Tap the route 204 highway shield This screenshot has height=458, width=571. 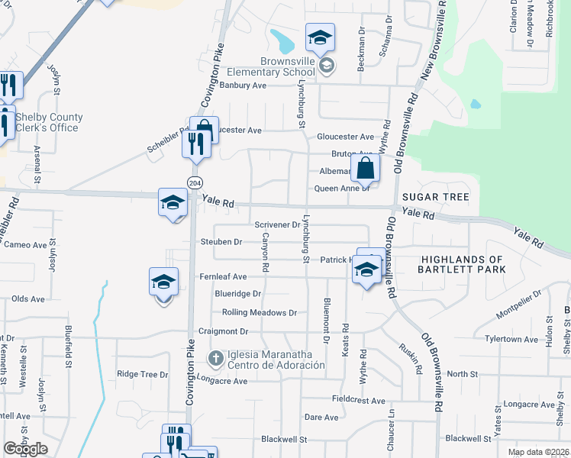click(x=194, y=182)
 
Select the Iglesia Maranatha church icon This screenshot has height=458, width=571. click(x=215, y=357)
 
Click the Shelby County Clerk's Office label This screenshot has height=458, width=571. click(x=48, y=122)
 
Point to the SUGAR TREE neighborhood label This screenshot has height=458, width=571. click(x=435, y=197)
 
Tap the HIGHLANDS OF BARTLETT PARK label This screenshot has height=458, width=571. click(x=462, y=264)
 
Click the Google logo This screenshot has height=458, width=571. click(x=25, y=449)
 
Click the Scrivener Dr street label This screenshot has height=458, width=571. click(x=276, y=224)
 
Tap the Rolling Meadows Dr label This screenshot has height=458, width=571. click(x=259, y=312)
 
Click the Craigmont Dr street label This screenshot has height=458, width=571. click(x=224, y=331)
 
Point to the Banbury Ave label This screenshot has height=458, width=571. click(x=242, y=85)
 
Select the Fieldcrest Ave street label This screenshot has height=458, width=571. click(x=359, y=399)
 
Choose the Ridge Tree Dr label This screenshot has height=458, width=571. click(x=142, y=374)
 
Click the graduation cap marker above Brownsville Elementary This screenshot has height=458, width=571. click(x=321, y=37)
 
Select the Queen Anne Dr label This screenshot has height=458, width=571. click(x=341, y=189)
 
